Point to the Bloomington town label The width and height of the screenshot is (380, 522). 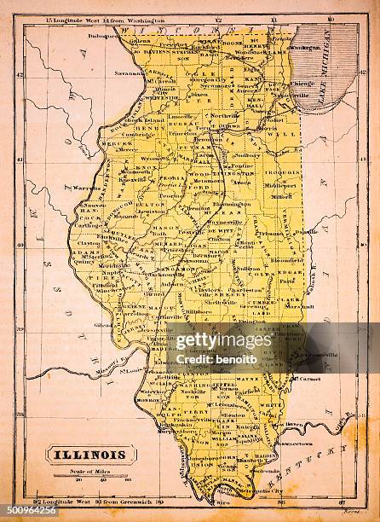233,205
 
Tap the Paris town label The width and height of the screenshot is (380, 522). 286,279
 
